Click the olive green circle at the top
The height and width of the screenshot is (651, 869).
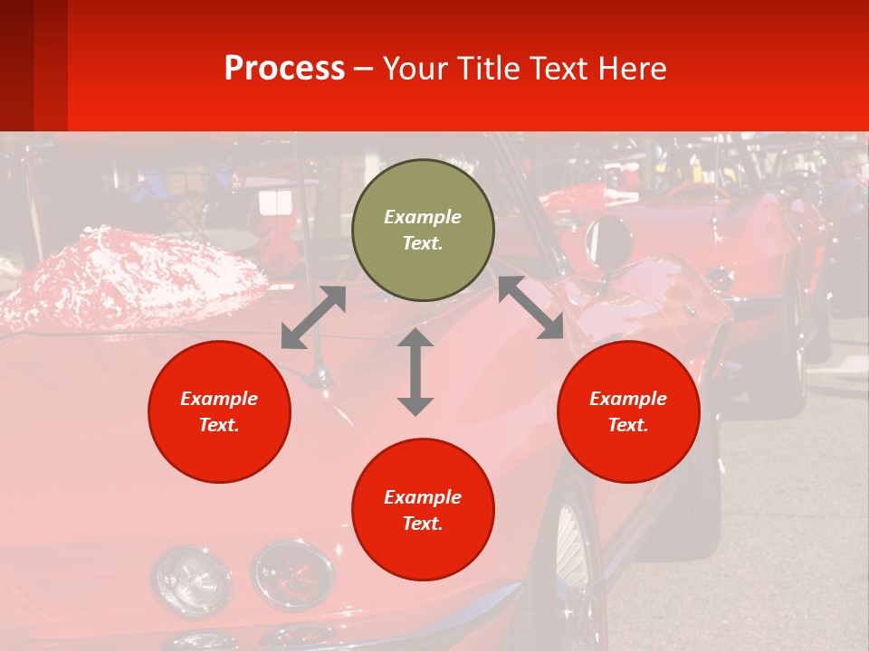[423, 231]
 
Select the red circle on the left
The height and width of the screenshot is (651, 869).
[219, 411]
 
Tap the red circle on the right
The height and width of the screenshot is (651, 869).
[628, 411]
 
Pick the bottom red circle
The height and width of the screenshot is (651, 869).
[423, 510]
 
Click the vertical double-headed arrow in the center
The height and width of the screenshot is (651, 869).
[415, 372]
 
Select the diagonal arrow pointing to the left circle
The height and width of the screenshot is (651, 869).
[313, 317]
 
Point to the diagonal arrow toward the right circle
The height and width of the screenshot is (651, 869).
[531, 307]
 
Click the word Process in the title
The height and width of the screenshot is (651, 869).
[284, 68]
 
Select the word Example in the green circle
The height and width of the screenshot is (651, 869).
[423, 217]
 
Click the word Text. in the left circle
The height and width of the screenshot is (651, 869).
[219, 425]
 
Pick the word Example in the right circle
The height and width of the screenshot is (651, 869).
[628, 399]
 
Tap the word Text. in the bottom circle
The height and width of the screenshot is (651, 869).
[423, 524]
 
